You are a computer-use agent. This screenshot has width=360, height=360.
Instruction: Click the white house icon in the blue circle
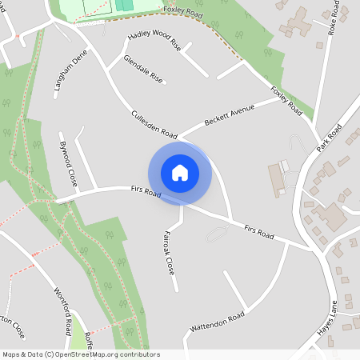(x=180, y=172)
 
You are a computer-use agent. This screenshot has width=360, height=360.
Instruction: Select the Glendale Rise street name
(x=143, y=70)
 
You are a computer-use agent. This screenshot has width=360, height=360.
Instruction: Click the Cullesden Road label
(x=154, y=123)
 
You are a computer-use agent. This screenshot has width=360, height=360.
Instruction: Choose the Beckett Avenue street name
(x=229, y=114)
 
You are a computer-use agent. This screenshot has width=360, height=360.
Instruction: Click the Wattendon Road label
(x=217, y=323)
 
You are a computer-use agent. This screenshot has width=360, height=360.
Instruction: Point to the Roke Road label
(x=331, y=22)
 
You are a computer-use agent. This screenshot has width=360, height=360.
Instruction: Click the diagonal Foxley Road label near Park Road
(x=286, y=99)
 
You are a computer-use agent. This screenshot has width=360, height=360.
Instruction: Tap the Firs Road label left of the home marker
(x=146, y=193)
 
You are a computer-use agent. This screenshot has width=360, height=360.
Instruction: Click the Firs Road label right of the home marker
(x=259, y=232)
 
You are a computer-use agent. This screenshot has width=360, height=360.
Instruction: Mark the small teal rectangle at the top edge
(x=124, y=5)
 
